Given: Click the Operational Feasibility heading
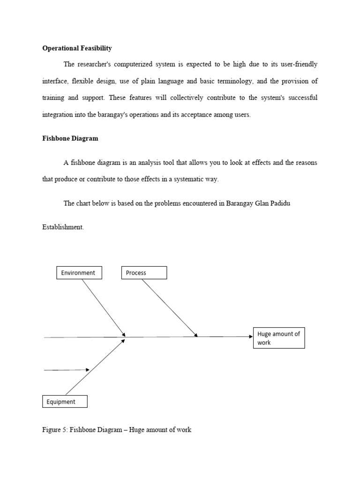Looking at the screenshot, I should point(77,48).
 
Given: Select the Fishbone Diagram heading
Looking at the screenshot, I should point(70,139).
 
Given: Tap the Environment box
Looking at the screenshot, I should point(79,273).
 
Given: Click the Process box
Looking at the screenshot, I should point(144,273).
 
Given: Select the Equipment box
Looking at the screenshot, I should point(65,402).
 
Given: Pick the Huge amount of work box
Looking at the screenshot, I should point(279,338).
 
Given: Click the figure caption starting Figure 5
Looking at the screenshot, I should point(117,429).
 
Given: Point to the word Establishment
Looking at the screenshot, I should point(63,227).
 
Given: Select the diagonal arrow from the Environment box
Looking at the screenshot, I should point(103,307).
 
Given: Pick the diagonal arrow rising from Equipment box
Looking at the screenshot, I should point(95,367).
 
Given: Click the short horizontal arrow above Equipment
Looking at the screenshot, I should point(67,370).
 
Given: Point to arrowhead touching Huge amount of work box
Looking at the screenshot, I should point(250,337).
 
